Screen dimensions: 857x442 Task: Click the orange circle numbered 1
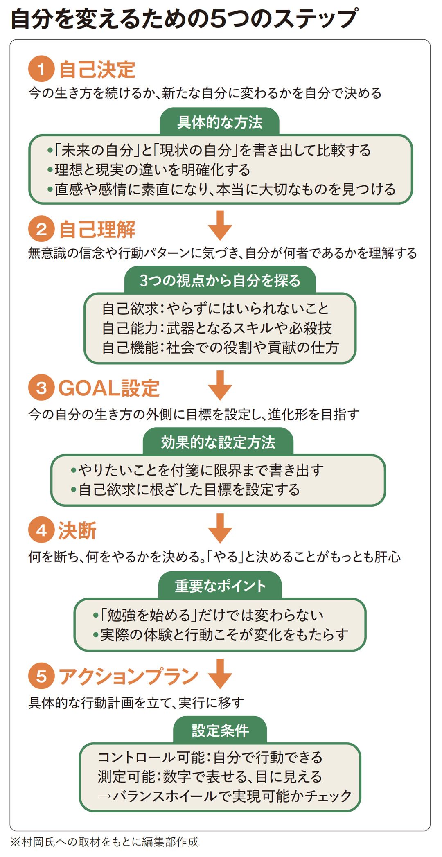point(41,69)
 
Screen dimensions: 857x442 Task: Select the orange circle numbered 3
point(41,388)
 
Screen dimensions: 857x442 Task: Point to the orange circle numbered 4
point(41,531)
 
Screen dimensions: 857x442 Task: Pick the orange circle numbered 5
point(41,676)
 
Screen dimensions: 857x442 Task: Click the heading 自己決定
point(97,69)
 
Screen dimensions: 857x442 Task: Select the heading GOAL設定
point(109,388)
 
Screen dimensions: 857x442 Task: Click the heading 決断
point(77,531)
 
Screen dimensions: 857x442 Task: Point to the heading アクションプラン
point(129,676)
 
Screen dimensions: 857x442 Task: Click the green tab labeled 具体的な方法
point(220,122)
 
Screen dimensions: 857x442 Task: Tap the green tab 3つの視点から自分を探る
point(220,280)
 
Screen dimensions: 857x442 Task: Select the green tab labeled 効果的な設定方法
point(218,442)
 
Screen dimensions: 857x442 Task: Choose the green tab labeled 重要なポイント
point(220,586)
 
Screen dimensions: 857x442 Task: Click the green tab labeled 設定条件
point(220,730)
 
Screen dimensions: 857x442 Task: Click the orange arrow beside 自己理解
point(220,225)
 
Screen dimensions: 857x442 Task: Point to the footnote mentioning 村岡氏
point(105,841)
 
